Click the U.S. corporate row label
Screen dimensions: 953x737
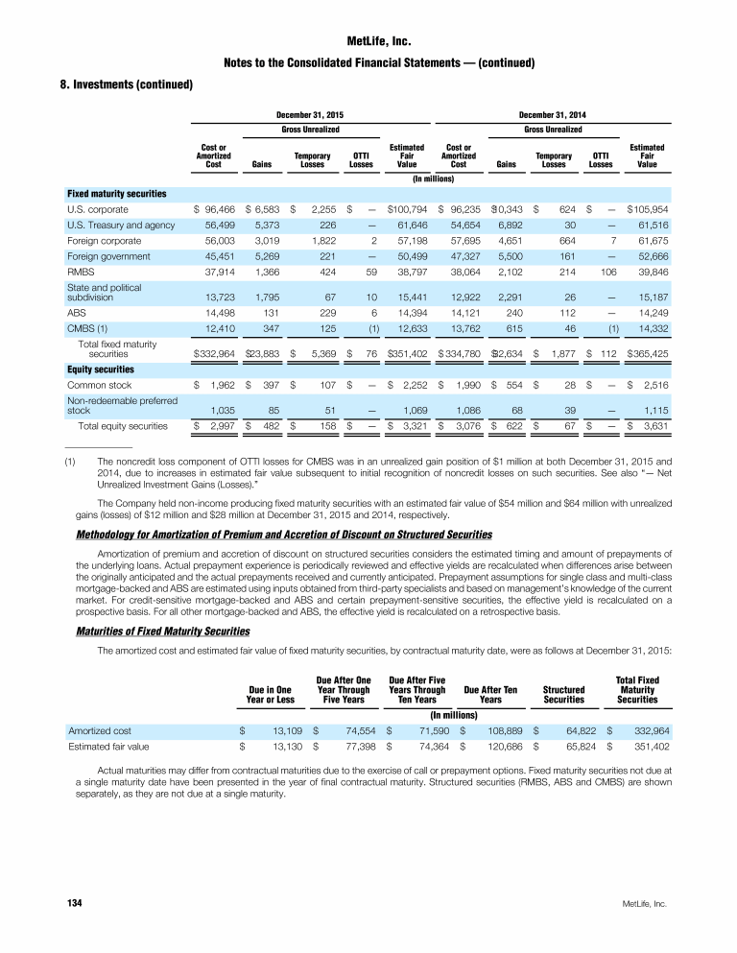(97, 209)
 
